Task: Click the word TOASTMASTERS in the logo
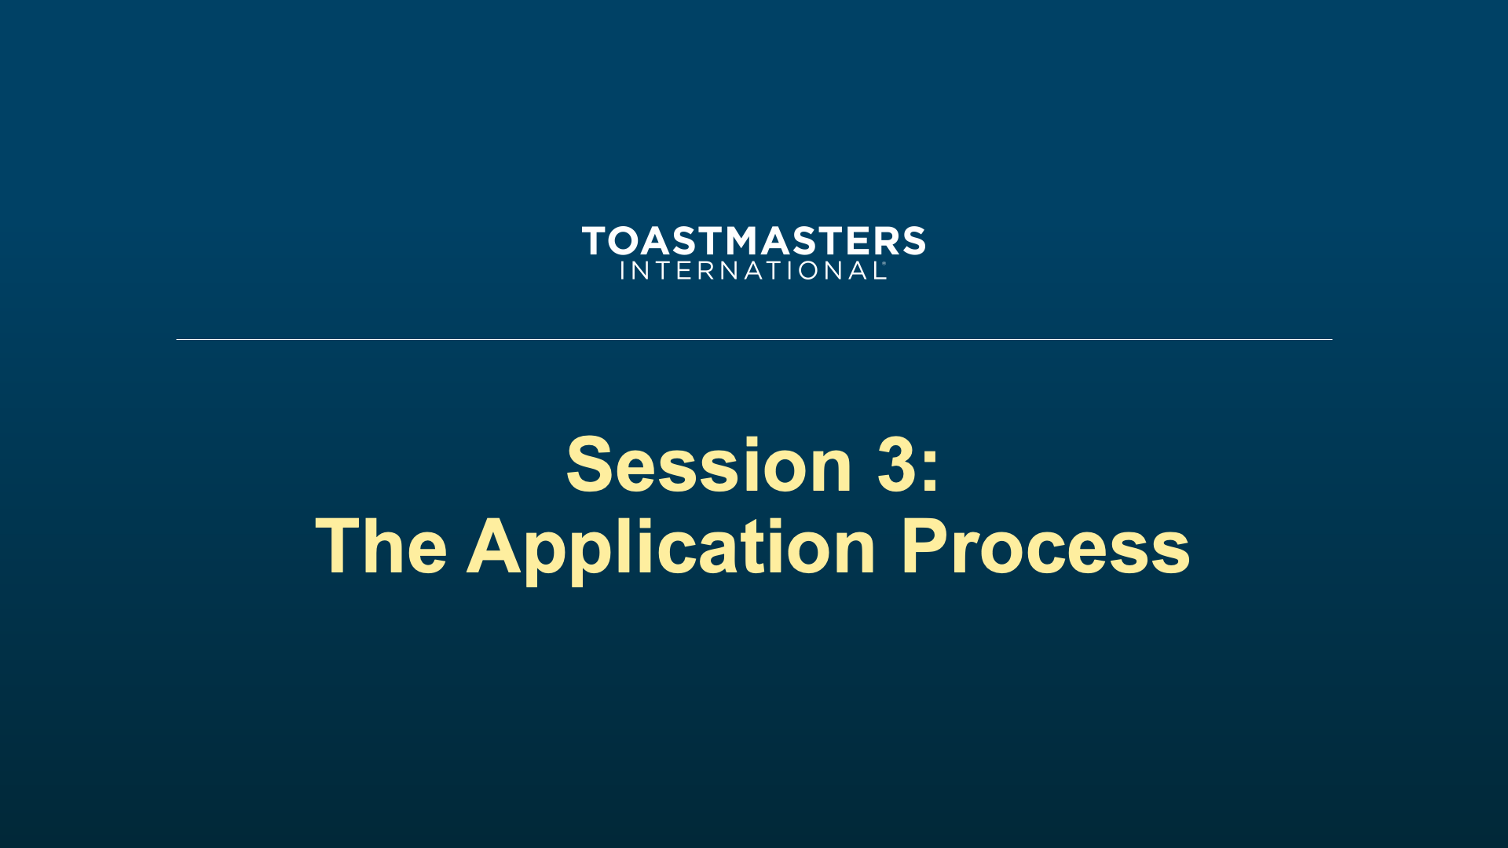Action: click(x=753, y=240)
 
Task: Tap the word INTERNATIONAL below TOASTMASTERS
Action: click(x=751, y=270)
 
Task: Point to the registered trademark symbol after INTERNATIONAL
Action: click(x=884, y=264)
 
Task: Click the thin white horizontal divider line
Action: click(x=754, y=339)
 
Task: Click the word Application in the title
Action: click(x=671, y=550)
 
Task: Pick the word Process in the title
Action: click(x=1045, y=546)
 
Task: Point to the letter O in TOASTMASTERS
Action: click(x=627, y=240)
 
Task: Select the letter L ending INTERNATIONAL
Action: click(x=873, y=270)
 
